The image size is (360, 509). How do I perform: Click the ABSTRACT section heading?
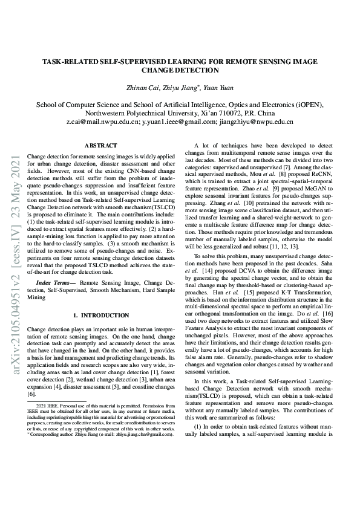[x=100, y=146]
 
